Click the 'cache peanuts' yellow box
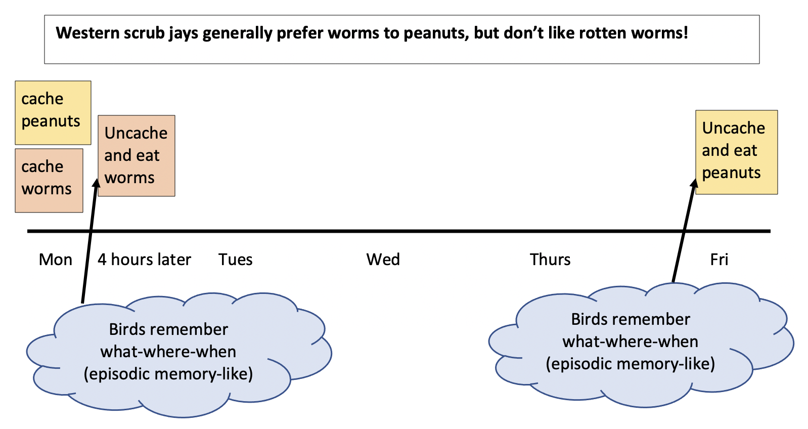tap(53, 112)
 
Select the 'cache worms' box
tap(49, 180)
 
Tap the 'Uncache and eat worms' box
tap(136, 155)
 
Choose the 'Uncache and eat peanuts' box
tap(736, 152)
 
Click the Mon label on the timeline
tap(55, 260)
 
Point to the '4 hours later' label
tap(144, 260)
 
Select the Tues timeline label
tap(235, 260)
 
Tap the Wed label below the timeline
tap(383, 260)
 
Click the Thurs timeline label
tap(550, 260)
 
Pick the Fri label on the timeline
tap(719, 260)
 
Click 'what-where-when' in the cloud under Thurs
tap(630, 341)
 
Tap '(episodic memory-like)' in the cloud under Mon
tap(168, 374)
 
